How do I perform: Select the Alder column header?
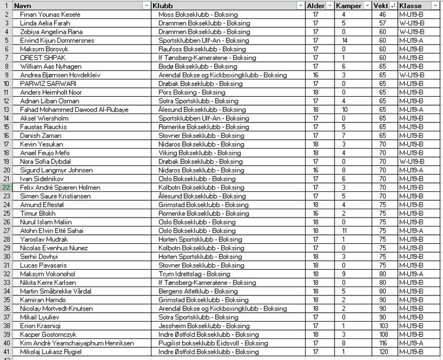[x=316, y=5]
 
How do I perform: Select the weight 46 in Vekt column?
[x=382, y=14]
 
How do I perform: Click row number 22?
[x=6, y=188]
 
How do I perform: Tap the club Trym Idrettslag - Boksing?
[x=194, y=274]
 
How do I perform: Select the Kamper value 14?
[x=344, y=41]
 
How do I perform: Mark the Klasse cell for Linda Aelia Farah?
[x=411, y=23]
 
